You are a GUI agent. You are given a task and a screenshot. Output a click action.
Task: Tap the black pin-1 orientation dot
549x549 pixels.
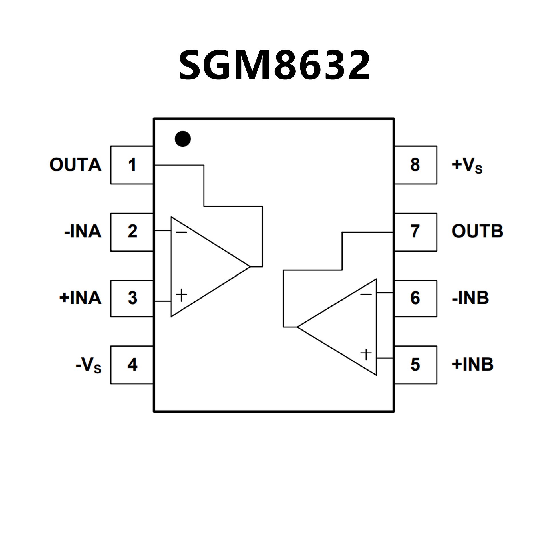183,139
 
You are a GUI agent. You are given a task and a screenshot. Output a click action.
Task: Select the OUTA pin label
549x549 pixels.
75,165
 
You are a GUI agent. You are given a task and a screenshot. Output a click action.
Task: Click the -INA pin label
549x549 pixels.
83,231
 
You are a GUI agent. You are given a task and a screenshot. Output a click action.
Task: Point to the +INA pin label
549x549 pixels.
80,298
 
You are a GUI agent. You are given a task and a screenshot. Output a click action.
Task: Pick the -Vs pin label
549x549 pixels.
89,365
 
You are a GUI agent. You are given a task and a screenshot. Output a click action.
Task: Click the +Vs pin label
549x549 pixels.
467,165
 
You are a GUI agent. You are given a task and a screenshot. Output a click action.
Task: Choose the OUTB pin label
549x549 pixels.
477,231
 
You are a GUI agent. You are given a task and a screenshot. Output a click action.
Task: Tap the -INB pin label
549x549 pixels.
470,298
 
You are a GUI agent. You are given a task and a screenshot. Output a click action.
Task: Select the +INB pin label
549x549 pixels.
473,364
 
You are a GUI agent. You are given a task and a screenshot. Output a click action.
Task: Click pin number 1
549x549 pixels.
132,165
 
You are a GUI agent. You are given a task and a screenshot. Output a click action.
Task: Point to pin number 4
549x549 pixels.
132,365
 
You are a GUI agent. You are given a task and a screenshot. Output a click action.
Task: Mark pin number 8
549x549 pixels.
415,165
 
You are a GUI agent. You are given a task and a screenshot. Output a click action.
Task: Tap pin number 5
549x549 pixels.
415,365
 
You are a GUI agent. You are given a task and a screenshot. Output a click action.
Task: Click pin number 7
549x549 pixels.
415,231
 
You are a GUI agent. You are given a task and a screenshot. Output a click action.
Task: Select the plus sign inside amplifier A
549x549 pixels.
181,295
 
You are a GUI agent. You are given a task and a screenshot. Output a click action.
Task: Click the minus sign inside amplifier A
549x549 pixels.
181,232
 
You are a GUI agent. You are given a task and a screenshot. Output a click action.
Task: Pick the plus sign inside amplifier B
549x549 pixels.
366,355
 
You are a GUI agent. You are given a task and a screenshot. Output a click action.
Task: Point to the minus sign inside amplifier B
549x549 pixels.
366,294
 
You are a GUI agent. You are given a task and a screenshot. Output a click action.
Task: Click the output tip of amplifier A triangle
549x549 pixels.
250,267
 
